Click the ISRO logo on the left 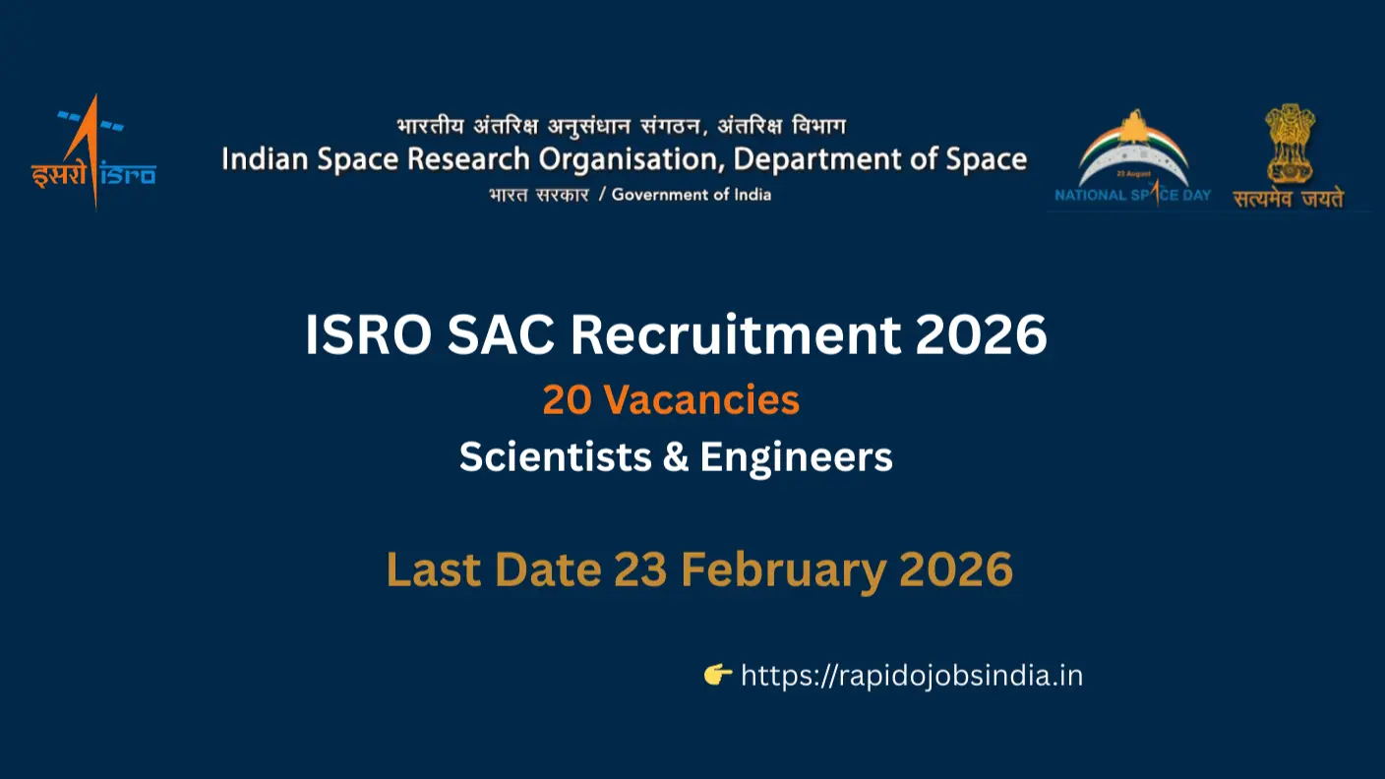point(92,152)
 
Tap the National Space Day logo point(1133,156)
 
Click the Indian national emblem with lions point(1290,143)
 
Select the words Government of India point(692,195)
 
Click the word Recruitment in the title point(734,336)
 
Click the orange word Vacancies point(701,400)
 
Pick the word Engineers point(797,457)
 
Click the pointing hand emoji point(718,675)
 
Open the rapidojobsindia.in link point(911,676)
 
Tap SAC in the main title point(503,336)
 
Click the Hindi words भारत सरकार point(539,195)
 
